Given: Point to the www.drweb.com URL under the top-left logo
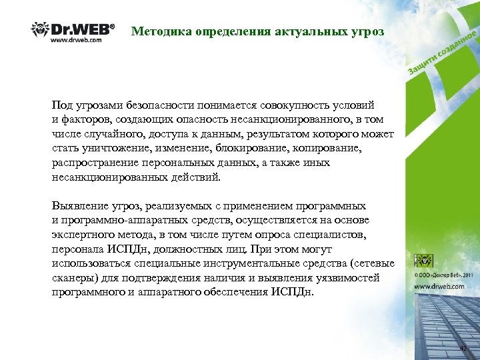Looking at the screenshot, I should [x=77, y=39].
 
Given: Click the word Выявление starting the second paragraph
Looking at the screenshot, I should [x=77, y=206].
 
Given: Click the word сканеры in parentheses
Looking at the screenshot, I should [x=73, y=278].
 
